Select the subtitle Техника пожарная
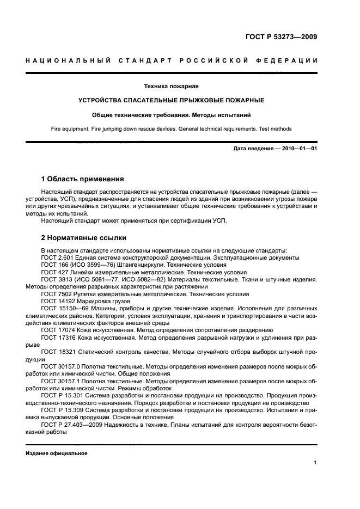tap(170, 86)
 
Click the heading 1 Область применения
tap(83, 179)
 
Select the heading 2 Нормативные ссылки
tap(84, 238)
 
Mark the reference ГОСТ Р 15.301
tap(61, 396)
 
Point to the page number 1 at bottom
tap(315, 463)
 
